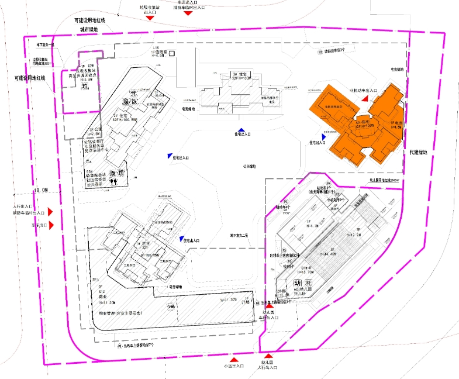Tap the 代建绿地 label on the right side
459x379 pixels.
[419, 152]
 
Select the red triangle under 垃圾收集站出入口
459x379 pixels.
[150, 18]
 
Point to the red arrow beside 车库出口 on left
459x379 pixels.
[51, 225]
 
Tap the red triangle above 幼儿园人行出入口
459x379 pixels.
[268, 356]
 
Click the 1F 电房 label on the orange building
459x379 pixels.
[395, 123]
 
